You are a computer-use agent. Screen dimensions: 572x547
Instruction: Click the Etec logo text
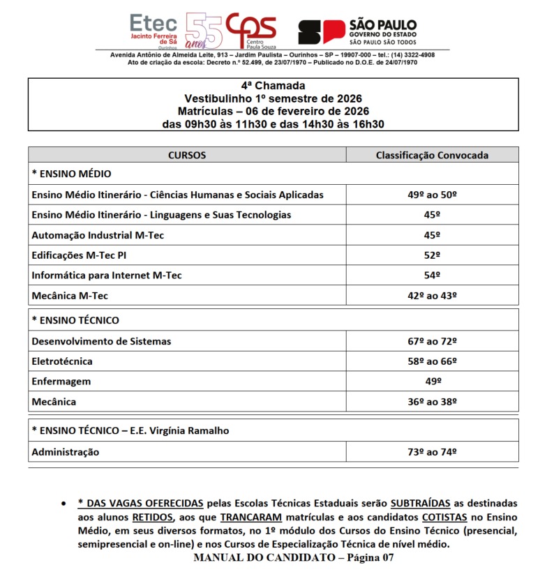tap(154, 22)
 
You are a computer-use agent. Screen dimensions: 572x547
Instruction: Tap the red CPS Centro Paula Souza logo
tap(251, 30)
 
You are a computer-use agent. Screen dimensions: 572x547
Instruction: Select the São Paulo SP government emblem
tap(322, 32)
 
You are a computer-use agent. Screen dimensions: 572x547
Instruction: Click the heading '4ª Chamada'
tap(273, 86)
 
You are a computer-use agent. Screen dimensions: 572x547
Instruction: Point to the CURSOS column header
tap(187, 155)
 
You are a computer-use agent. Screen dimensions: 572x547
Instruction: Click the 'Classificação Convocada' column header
tap(432, 155)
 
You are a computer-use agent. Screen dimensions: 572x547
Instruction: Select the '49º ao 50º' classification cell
tap(432, 195)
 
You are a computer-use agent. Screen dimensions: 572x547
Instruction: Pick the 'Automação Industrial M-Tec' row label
tap(98, 235)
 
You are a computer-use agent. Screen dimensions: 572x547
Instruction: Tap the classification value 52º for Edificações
tap(432, 255)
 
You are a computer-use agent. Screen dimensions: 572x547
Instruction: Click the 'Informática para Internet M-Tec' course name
tap(107, 276)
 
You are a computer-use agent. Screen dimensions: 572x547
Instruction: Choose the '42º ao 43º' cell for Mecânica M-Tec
tap(432, 296)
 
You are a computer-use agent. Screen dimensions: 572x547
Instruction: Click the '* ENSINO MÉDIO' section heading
tap(71, 174)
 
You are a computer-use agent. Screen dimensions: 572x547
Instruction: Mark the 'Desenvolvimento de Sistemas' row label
tap(101, 341)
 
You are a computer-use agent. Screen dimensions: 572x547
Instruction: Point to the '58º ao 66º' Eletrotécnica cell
tap(432, 361)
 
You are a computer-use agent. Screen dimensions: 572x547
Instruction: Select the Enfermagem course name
tap(61, 382)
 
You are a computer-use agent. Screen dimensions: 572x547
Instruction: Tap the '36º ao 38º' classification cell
tap(432, 402)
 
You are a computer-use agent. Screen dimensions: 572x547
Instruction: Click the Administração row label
tap(66, 452)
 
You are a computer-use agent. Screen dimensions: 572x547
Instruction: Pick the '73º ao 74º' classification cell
tap(432, 452)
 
